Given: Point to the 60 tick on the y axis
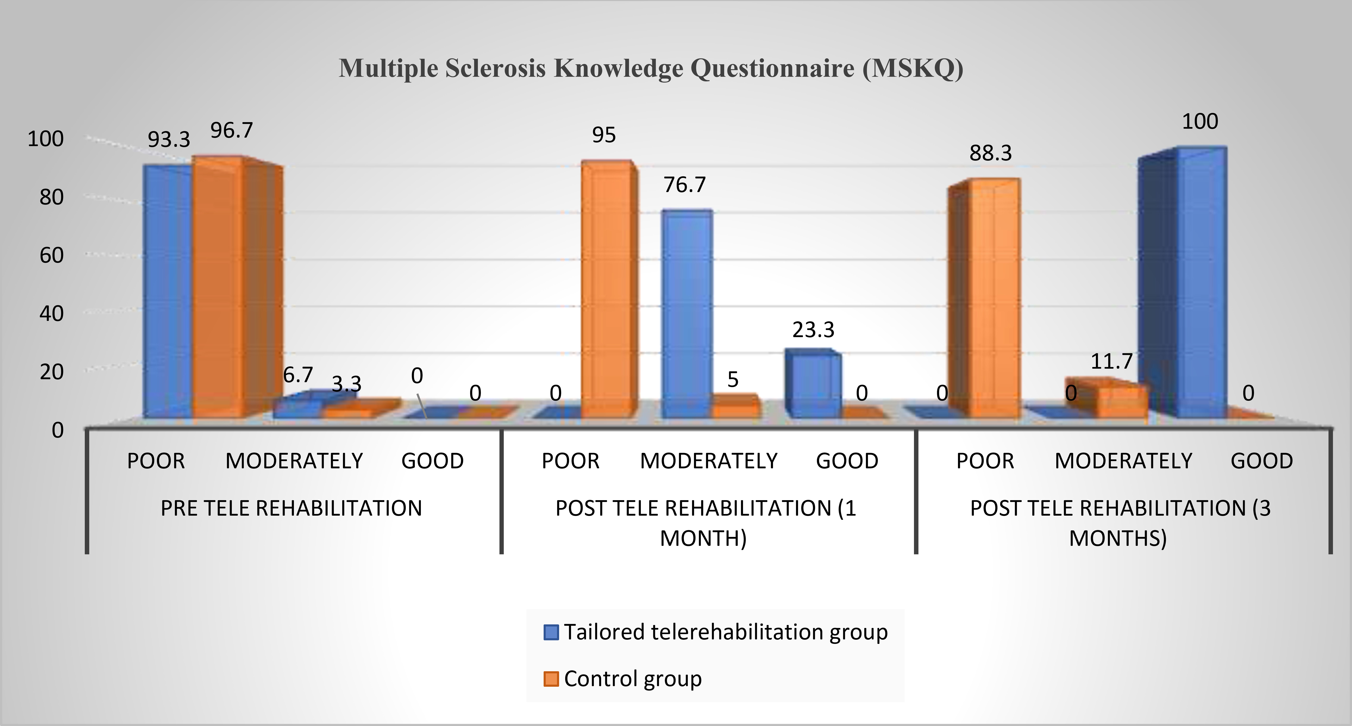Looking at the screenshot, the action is click(51, 256).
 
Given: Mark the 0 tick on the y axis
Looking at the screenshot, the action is click(58, 430).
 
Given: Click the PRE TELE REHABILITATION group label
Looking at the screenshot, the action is click(291, 508).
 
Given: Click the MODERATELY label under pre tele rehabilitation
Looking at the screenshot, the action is click(294, 461).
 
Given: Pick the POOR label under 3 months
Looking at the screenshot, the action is click(985, 461).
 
